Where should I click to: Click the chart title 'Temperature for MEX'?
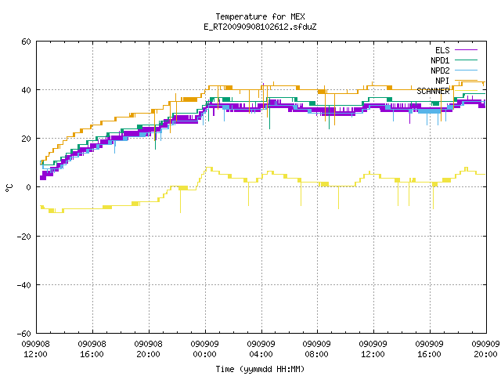[260, 16]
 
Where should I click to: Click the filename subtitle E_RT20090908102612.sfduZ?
[260, 27]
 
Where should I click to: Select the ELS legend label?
[442, 50]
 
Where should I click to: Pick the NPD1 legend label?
[440, 60]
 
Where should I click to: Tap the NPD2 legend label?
[440, 70]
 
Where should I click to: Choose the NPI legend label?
[442, 81]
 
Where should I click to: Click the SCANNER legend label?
[433, 91]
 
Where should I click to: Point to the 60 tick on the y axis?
[26, 42]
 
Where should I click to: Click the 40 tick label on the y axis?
[26, 90]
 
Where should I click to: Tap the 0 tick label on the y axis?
[29, 187]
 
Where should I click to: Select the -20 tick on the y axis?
[24, 237]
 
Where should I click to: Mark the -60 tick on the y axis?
[24, 334]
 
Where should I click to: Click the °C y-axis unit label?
[9, 188]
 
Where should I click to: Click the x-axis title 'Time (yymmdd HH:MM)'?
[260, 369]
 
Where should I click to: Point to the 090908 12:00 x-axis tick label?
[35, 349]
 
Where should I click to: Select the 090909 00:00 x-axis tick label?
[205, 349]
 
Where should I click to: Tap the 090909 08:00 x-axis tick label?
[316, 349]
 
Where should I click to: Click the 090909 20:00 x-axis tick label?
[485, 349]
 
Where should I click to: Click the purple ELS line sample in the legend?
[466, 50]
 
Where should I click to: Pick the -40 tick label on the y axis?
[24, 285]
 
